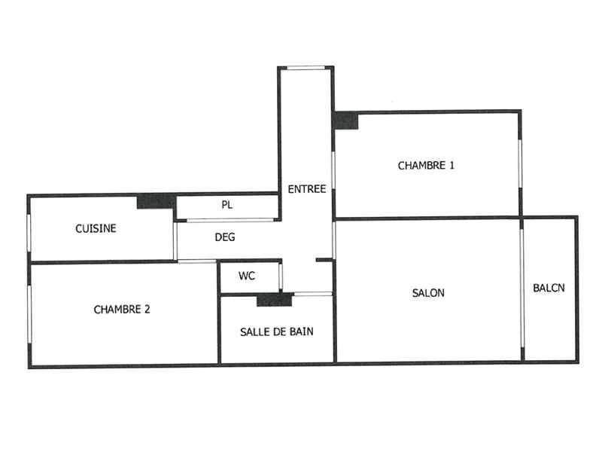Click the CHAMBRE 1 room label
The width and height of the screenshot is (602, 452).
point(426,165)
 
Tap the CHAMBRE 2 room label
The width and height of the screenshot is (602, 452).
point(122,309)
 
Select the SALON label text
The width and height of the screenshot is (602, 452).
point(428,293)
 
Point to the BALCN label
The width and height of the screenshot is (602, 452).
point(549,287)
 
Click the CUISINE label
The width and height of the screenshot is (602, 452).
point(96,228)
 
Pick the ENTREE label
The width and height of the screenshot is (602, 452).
point(307,188)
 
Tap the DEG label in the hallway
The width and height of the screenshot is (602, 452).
point(225,237)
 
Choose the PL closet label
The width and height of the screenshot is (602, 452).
point(227,204)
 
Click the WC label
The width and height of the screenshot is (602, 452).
point(247,276)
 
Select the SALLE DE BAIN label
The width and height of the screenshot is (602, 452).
point(277,331)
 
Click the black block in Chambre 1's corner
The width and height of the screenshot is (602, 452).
point(346,121)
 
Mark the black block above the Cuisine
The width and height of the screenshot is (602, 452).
point(156,201)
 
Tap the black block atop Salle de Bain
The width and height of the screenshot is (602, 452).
point(274,300)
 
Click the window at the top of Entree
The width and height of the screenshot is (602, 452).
point(306,68)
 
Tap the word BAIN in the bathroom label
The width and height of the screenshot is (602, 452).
point(300,331)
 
